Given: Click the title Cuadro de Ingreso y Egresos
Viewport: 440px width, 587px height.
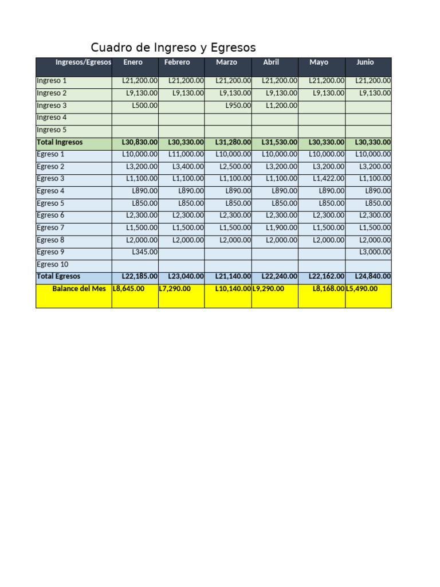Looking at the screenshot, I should (173, 48).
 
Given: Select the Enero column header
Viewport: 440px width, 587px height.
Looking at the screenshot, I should (133, 62).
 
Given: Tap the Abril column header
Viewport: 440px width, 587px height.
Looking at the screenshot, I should (271, 62).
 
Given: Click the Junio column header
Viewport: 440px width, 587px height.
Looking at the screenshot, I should (365, 62).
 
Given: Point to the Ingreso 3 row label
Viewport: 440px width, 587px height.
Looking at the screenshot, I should (52, 105).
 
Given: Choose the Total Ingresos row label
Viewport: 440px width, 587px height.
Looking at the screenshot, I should (60, 142).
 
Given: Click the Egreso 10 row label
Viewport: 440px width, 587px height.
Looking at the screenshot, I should (53, 264).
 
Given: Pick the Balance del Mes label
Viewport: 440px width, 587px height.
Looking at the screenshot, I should (79, 289).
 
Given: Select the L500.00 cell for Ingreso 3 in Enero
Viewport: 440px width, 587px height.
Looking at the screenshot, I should (145, 105).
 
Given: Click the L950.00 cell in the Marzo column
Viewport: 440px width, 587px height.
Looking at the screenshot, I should (238, 105).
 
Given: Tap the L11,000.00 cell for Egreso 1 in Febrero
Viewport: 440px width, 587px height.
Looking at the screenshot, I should (186, 154).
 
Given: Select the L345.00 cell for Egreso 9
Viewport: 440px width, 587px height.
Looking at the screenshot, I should (145, 252).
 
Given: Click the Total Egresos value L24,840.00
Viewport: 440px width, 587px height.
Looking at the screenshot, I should (373, 276).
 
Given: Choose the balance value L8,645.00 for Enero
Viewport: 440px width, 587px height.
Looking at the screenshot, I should (129, 289).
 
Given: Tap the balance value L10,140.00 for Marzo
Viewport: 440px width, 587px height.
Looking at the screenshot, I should (233, 289).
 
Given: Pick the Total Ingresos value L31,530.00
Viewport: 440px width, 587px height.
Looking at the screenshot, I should (280, 142).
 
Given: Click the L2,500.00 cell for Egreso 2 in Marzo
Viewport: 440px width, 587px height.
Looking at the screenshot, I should (235, 167).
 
